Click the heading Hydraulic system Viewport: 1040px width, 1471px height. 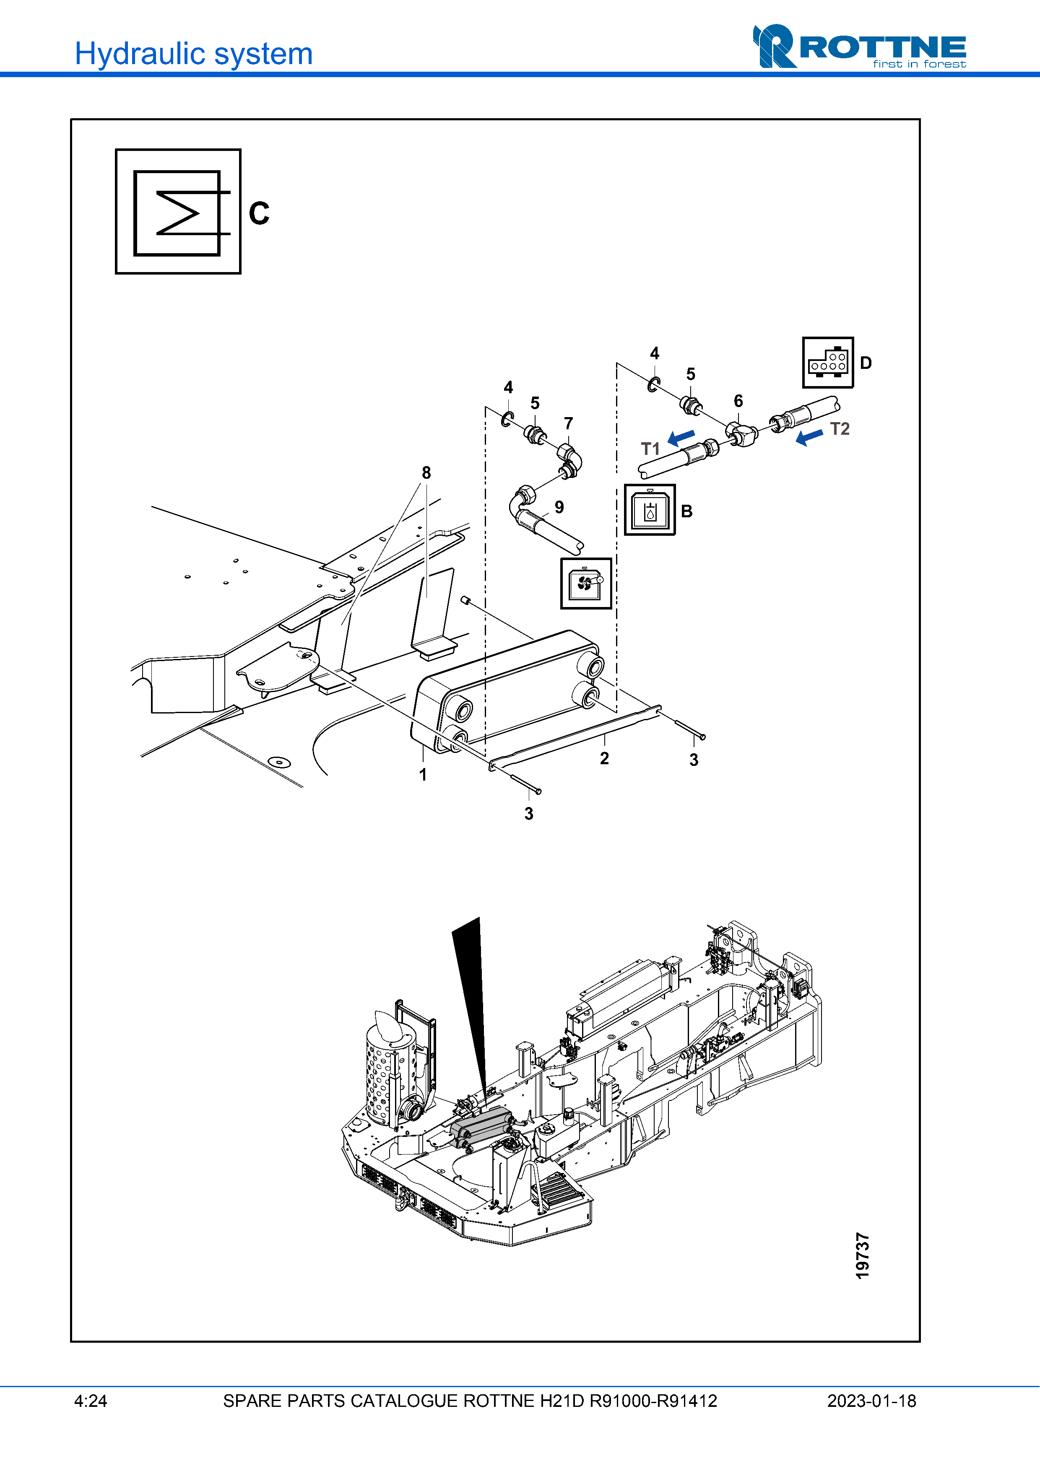pyautogui.click(x=193, y=54)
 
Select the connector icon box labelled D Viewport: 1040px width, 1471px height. pyautogui.click(x=827, y=363)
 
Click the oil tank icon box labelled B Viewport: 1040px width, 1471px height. pyautogui.click(x=650, y=510)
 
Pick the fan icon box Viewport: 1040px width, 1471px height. pyautogui.click(x=586, y=583)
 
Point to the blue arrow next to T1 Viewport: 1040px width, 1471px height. pyautogui.click(x=681, y=438)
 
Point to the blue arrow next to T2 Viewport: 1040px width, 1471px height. pyautogui.click(x=809, y=438)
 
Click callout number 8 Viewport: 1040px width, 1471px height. pyautogui.click(x=426, y=473)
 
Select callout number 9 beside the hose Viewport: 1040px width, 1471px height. pyautogui.click(x=559, y=507)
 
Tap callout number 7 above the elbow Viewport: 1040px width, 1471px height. pyautogui.click(x=568, y=423)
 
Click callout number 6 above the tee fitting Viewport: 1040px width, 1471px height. pyautogui.click(x=738, y=401)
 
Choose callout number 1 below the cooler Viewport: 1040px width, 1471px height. pyautogui.click(x=423, y=775)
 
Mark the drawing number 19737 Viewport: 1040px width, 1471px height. pyautogui.click(x=863, y=1256)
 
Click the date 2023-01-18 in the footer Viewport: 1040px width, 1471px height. pyautogui.click(x=871, y=1401)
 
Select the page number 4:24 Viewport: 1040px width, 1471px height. pyautogui.click(x=90, y=1401)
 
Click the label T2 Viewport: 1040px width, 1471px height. pyautogui.click(x=840, y=428)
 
